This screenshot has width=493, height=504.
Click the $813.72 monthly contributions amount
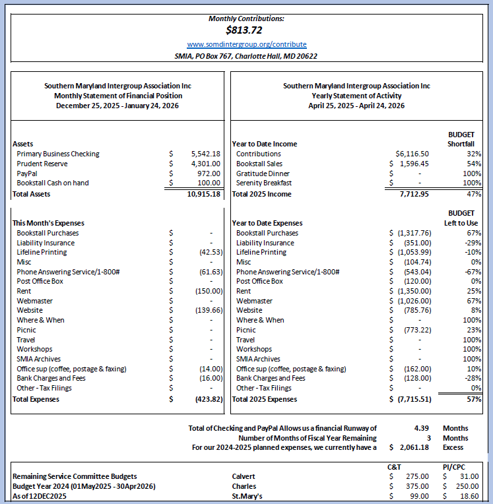[246, 30]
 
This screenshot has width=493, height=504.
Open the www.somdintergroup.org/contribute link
[246, 44]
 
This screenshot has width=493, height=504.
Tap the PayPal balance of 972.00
[209, 173]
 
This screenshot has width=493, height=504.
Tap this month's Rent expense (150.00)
[208, 291]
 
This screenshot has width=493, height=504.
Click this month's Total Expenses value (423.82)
[206, 398]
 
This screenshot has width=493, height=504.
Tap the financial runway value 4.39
[421, 428]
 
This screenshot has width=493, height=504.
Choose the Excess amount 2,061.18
[414, 447]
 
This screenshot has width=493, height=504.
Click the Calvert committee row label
[244, 476]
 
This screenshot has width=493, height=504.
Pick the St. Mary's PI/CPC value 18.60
[469, 495]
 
